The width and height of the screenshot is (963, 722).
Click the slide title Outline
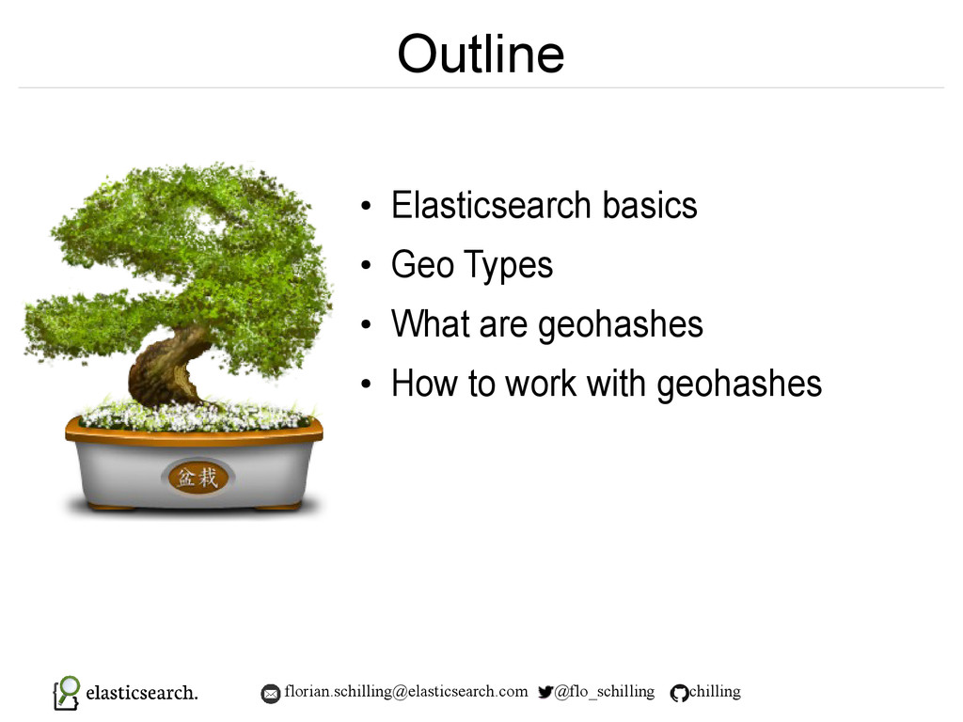[x=481, y=54]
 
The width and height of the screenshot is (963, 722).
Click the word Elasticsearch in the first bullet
[x=492, y=204]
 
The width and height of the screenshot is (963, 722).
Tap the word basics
[x=650, y=204]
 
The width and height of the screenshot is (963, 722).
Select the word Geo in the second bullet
[x=422, y=264]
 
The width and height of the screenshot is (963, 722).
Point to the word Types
[x=509, y=265]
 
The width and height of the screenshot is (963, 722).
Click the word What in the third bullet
[x=431, y=323]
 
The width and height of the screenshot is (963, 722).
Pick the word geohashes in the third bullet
[x=621, y=324]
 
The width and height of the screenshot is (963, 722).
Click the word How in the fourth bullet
[x=425, y=384]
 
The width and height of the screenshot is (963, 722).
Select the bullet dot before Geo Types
[x=367, y=265]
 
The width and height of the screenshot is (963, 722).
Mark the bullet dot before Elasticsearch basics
[x=367, y=206]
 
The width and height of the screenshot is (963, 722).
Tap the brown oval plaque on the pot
[x=197, y=477]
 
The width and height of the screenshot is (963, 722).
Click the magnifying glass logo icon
[x=67, y=693]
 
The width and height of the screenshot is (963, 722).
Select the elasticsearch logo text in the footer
[x=142, y=693]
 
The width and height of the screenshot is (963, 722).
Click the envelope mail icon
[x=270, y=694]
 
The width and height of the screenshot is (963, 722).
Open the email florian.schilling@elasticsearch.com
[x=406, y=691]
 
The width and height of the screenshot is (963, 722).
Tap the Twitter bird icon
[x=545, y=692]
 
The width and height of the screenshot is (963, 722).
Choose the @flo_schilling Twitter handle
[x=605, y=692]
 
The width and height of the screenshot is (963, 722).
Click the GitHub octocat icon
[x=679, y=693]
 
